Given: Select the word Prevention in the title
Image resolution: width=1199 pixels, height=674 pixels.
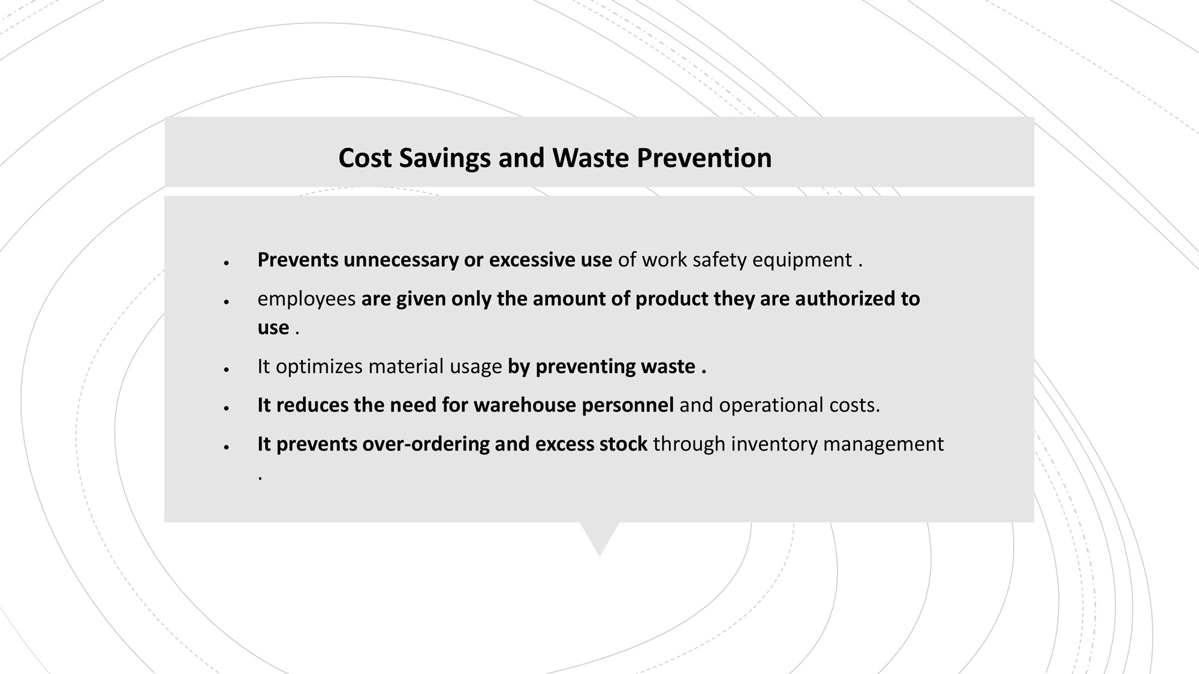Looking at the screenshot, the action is [x=704, y=158].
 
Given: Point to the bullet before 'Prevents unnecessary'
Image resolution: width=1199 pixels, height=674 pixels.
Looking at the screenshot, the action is [x=227, y=263].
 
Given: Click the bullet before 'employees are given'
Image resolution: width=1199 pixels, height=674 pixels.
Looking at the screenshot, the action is [x=227, y=302].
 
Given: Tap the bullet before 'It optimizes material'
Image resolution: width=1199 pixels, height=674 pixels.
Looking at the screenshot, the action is [x=227, y=370].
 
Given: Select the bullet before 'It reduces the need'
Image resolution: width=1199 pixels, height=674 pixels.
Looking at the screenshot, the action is [x=227, y=409].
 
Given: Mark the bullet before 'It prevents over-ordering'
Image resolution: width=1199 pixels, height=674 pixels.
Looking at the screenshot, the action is [x=227, y=447].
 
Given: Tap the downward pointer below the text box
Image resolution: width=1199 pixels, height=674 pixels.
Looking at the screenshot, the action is [x=599, y=539].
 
